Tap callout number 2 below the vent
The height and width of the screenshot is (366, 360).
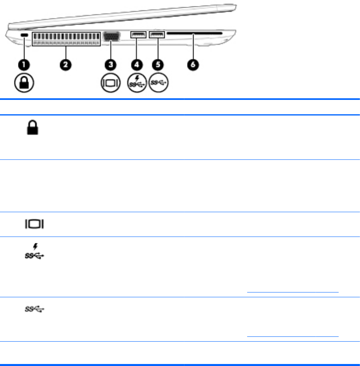pyautogui.click(x=66, y=64)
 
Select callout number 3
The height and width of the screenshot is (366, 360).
pyautogui.click(x=111, y=64)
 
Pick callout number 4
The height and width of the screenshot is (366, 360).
pyautogui.click(x=138, y=64)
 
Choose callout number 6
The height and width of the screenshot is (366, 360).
pyautogui.click(x=194, y=64)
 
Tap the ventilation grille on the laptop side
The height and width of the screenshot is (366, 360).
pyautogui.click(x=66, y=39)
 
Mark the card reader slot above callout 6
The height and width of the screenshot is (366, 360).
pyautogui.click(x=194, y=34)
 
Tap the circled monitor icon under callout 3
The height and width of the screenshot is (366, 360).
pyautogui.click(x=110, y=84)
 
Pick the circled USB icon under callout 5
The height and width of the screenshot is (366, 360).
pyautogui.click(x=158, y=84)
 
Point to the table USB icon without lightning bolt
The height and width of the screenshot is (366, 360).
pyautogui.click(x=34, y=310)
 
